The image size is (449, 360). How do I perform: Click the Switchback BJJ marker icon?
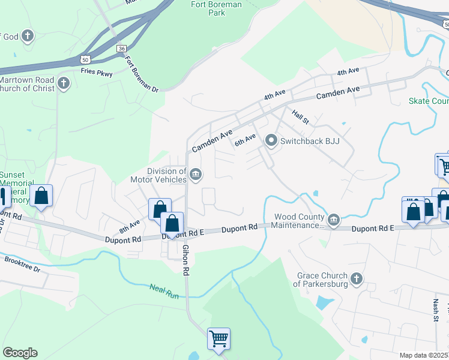tap(271, 142)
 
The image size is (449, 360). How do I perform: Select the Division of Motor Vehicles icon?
tap(196, 175)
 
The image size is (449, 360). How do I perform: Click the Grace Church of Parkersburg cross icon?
tap(357, 279)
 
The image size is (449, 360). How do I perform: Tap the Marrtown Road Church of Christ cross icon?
tap(64, 84)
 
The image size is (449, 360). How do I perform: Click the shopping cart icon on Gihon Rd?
tap(218, 338)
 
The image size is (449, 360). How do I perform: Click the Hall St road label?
tap(300, 116)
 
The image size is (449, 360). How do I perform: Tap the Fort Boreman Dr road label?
tap(141, 74)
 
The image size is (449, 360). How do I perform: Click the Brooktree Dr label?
tap(22, 265)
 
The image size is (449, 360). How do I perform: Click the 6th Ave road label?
tap(245, 140)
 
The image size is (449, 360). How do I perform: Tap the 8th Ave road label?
tap(129, 226)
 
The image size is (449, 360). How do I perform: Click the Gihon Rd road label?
tap(185, 259)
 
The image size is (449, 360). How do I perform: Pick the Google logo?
tap(20, 353)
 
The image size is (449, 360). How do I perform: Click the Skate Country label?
tap(429, 101)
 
